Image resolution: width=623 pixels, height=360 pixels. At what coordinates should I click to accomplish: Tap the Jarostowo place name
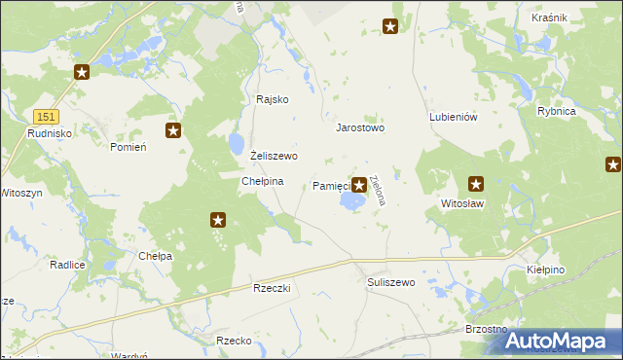coord(360,127)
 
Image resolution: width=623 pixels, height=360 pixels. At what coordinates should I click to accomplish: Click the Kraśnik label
coord(577,18)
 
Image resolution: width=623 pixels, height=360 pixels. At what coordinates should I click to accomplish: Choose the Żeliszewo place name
coord(274,156)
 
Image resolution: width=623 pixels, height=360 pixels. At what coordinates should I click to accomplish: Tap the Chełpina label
coord(262,181)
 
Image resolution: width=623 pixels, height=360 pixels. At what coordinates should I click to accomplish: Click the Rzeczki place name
coord(274,289)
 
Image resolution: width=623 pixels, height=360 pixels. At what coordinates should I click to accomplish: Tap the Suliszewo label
coord(391,282)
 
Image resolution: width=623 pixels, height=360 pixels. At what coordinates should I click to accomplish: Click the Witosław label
coord(462,204)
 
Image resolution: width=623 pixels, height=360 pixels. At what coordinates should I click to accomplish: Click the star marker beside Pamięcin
coord(360,184)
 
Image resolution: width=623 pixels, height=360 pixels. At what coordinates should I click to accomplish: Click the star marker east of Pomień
coord(173,130)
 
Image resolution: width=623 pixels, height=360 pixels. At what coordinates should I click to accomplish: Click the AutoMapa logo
coord(563,341)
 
